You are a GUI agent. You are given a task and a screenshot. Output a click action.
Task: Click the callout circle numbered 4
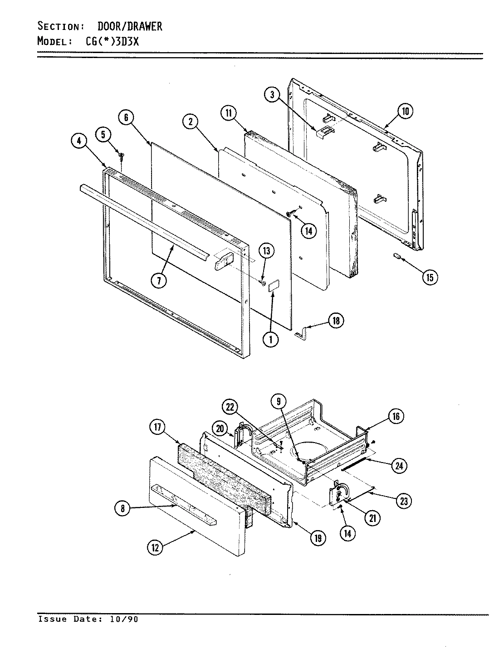79,141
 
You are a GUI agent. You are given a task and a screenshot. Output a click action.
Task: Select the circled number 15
430,277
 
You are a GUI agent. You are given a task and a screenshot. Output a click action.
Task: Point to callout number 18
335,321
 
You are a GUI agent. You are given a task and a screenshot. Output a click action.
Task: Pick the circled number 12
155,548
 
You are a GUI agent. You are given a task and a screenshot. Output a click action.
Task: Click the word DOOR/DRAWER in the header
130,27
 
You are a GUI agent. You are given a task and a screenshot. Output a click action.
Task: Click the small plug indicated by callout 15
396,256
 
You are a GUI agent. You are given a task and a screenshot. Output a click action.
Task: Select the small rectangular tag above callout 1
274,286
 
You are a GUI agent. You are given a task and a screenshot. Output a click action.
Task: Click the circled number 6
126,117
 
